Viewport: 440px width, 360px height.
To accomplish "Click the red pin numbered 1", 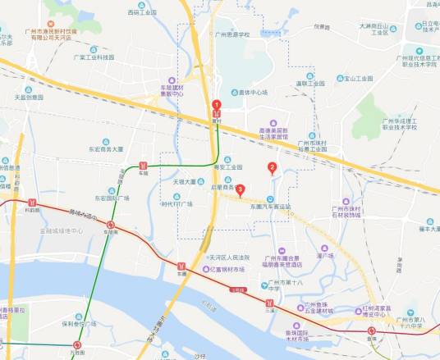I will [217, 105].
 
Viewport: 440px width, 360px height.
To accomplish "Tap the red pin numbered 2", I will [272, 168].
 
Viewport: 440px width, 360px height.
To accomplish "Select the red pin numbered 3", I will [240, 190].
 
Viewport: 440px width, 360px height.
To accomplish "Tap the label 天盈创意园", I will [28, 98].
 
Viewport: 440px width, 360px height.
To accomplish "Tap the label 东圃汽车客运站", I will [271, 207].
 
